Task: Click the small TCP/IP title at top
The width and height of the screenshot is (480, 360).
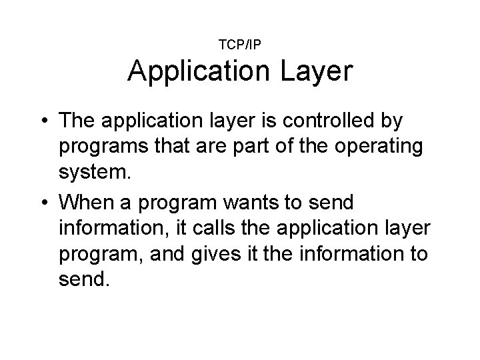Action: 239,45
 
